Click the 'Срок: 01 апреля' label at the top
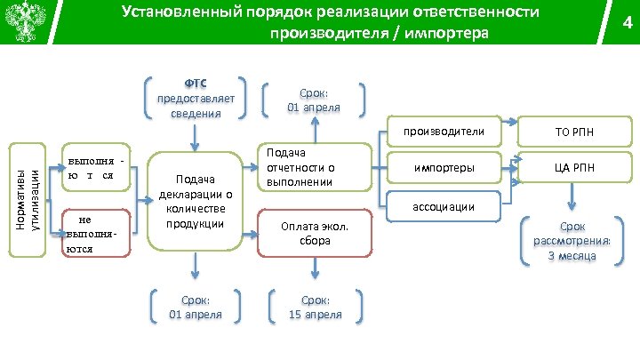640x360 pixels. [314, 100]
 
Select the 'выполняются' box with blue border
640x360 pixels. [94, 168]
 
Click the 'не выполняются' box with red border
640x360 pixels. [92, 233]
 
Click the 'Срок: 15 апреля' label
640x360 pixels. [314, 307]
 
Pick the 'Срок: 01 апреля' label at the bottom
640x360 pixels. [195, 307]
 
